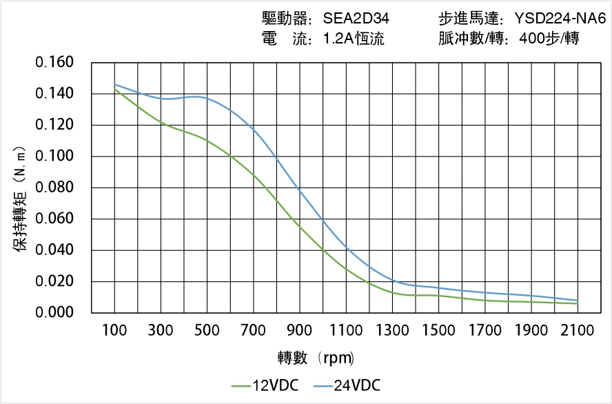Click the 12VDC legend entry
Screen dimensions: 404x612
[x=265, y=385]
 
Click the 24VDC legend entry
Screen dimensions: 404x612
[x=346, y=385]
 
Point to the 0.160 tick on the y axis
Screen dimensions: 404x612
[x=54, y=63]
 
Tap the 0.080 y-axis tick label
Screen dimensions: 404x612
[x=54, y=188]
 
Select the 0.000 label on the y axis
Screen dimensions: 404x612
[x=54, y=312]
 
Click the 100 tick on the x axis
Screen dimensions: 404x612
[x=114, y=330]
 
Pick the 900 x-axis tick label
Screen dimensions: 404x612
[x=300, y=330]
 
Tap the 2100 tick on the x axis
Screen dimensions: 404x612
[x=578, y=330]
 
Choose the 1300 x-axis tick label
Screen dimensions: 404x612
[x=392, y=330]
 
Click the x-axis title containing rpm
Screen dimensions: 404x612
[x=316, y=358]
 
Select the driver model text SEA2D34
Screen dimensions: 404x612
[x=356, y=19]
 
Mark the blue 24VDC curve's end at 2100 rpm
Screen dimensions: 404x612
[x=578, y=301]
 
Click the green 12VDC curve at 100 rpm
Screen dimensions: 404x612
[x=114, y=90]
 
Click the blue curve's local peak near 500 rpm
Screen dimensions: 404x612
[x=198, y=97]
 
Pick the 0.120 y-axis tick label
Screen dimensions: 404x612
[x=54, y=125]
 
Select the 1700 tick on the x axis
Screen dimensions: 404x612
[x=485, y=330]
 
